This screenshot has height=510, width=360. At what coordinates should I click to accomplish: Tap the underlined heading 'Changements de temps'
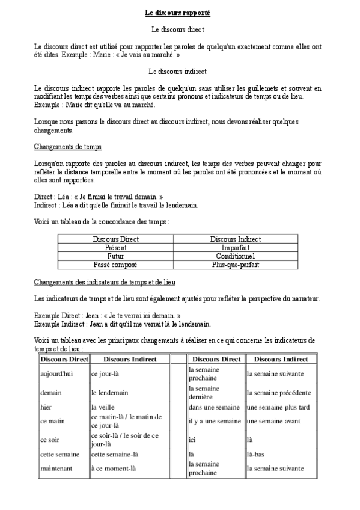68,146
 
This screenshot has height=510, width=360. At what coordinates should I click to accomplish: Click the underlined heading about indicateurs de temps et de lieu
105,282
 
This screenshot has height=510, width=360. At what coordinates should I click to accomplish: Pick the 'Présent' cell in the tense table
116,247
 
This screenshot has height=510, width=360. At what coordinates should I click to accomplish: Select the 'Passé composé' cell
116,264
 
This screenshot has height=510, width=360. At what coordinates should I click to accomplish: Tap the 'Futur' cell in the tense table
116,256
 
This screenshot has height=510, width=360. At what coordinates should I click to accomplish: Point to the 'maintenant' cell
56,469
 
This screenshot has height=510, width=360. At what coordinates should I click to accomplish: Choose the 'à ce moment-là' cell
114,469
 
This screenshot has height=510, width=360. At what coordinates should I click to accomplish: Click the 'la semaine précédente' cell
278,393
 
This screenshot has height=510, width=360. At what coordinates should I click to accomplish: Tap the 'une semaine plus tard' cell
278,407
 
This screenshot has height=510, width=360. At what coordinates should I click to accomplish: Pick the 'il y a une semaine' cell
214,422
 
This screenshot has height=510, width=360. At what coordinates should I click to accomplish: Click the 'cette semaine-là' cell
115,454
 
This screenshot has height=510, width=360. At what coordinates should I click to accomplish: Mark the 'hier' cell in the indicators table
46,407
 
